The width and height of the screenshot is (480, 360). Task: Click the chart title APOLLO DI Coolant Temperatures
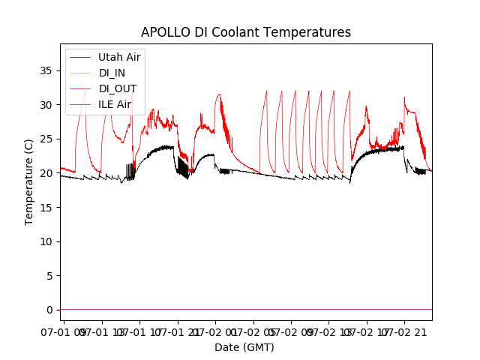pos(245,33)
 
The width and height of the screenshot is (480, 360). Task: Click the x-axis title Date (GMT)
pos(244,347)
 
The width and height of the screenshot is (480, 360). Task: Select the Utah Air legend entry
pos(119,57)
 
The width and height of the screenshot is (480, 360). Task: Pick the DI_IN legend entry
pos(113,73)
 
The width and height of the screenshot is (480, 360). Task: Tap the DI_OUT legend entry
pos(118,88)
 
